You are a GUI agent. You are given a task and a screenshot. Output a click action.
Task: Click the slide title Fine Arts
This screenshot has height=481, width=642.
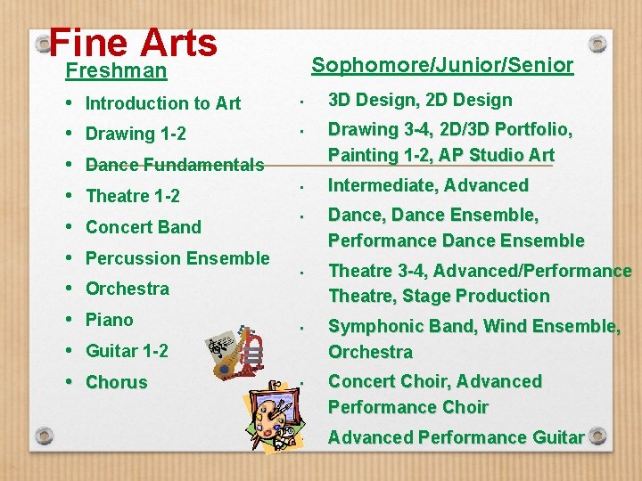tap(133, 42)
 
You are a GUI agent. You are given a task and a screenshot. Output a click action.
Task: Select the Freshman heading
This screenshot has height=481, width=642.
tap(116, 70)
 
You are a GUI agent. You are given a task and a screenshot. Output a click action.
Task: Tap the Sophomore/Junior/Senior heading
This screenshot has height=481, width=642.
tap(441, 65)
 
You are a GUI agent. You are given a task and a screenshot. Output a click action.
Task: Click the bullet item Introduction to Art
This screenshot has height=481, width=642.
tap(163, 103)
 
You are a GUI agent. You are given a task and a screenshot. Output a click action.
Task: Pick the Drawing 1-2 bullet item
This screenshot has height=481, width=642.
tap(136, 135)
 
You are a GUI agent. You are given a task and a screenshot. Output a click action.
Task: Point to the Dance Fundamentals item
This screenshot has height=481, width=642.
tap(175, 165)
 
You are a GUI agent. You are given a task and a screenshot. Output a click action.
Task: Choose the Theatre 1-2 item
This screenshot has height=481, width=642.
tap(133, 196)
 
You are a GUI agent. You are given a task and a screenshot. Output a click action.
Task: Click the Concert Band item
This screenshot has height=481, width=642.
tap(144, 227)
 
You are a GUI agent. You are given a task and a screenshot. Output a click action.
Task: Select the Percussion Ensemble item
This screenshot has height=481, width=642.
tap(177, 258)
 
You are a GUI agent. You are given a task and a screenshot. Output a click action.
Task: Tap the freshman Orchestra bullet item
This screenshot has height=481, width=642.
tap(127, 289)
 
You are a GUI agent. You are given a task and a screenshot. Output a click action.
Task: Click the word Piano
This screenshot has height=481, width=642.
tap(109, 320)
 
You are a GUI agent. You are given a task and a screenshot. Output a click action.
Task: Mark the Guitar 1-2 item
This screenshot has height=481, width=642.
tap(127, 351)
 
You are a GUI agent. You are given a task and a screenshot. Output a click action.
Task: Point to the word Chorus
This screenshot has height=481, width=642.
tap(116, 382)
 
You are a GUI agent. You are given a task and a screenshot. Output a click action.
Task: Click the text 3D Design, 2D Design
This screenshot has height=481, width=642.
tap(420, 101)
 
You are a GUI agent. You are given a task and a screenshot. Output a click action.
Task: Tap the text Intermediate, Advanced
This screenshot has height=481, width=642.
tap(428, 185)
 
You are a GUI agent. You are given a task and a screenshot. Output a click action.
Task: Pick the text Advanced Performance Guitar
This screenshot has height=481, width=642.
tap(456, 437)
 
